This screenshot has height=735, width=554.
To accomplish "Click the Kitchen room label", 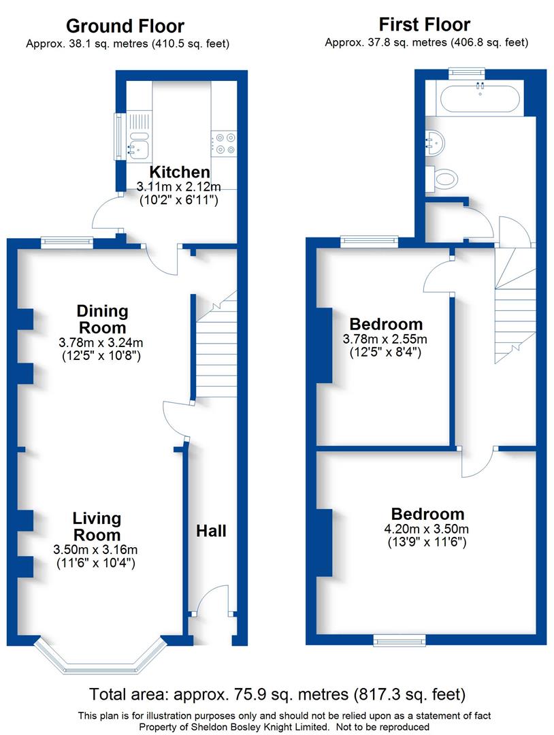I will pyautogui.click(x=180, y=171).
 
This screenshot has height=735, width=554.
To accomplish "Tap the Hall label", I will pyautogui.click(x=212, y=531).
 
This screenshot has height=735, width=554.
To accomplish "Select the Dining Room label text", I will pyautogui.click(x=102, y=318).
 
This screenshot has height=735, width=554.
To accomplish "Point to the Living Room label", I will pyautogui.click(x=97, y=526).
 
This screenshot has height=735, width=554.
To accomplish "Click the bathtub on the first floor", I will pyautogui.click(x=480, y=99).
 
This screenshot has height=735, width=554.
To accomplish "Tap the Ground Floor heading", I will pyautogui.click(x=125, y=26).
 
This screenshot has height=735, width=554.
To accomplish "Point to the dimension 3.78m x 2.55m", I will pyautogui.click(x=385, y=339).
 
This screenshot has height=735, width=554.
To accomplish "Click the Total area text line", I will pyautogui.click(x=277, y=695).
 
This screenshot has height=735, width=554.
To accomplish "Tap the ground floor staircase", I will pyautogui.click(x=216, y=347).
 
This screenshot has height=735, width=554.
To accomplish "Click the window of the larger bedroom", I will pyautogui.click(x=400, y=639).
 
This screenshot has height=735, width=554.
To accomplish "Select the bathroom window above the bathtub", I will pyautogui.click(x=466, y=71).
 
